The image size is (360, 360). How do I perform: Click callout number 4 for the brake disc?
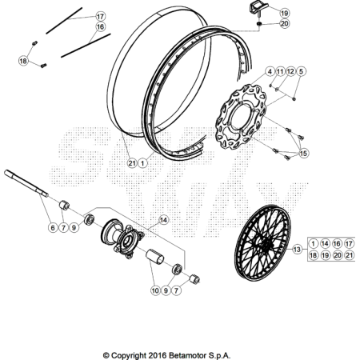270,71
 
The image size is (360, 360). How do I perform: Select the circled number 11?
280,71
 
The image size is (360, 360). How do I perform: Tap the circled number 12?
290,71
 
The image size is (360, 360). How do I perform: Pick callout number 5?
301,71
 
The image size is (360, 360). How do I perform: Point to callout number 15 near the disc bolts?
303,154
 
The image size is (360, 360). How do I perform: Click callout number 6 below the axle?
53,227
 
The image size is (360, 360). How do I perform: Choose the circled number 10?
155,290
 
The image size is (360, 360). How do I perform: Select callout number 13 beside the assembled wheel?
297,250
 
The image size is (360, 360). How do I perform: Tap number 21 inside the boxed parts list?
349,255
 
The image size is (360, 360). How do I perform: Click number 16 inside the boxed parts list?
337,243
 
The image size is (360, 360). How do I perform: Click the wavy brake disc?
241,117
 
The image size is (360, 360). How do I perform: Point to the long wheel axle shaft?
26,183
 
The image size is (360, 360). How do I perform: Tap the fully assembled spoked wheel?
262,243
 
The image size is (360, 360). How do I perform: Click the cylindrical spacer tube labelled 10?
154,257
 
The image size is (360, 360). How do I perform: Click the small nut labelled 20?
258,24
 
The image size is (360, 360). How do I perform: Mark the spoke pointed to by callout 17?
64,21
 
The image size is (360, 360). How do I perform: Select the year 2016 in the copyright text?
158,355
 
